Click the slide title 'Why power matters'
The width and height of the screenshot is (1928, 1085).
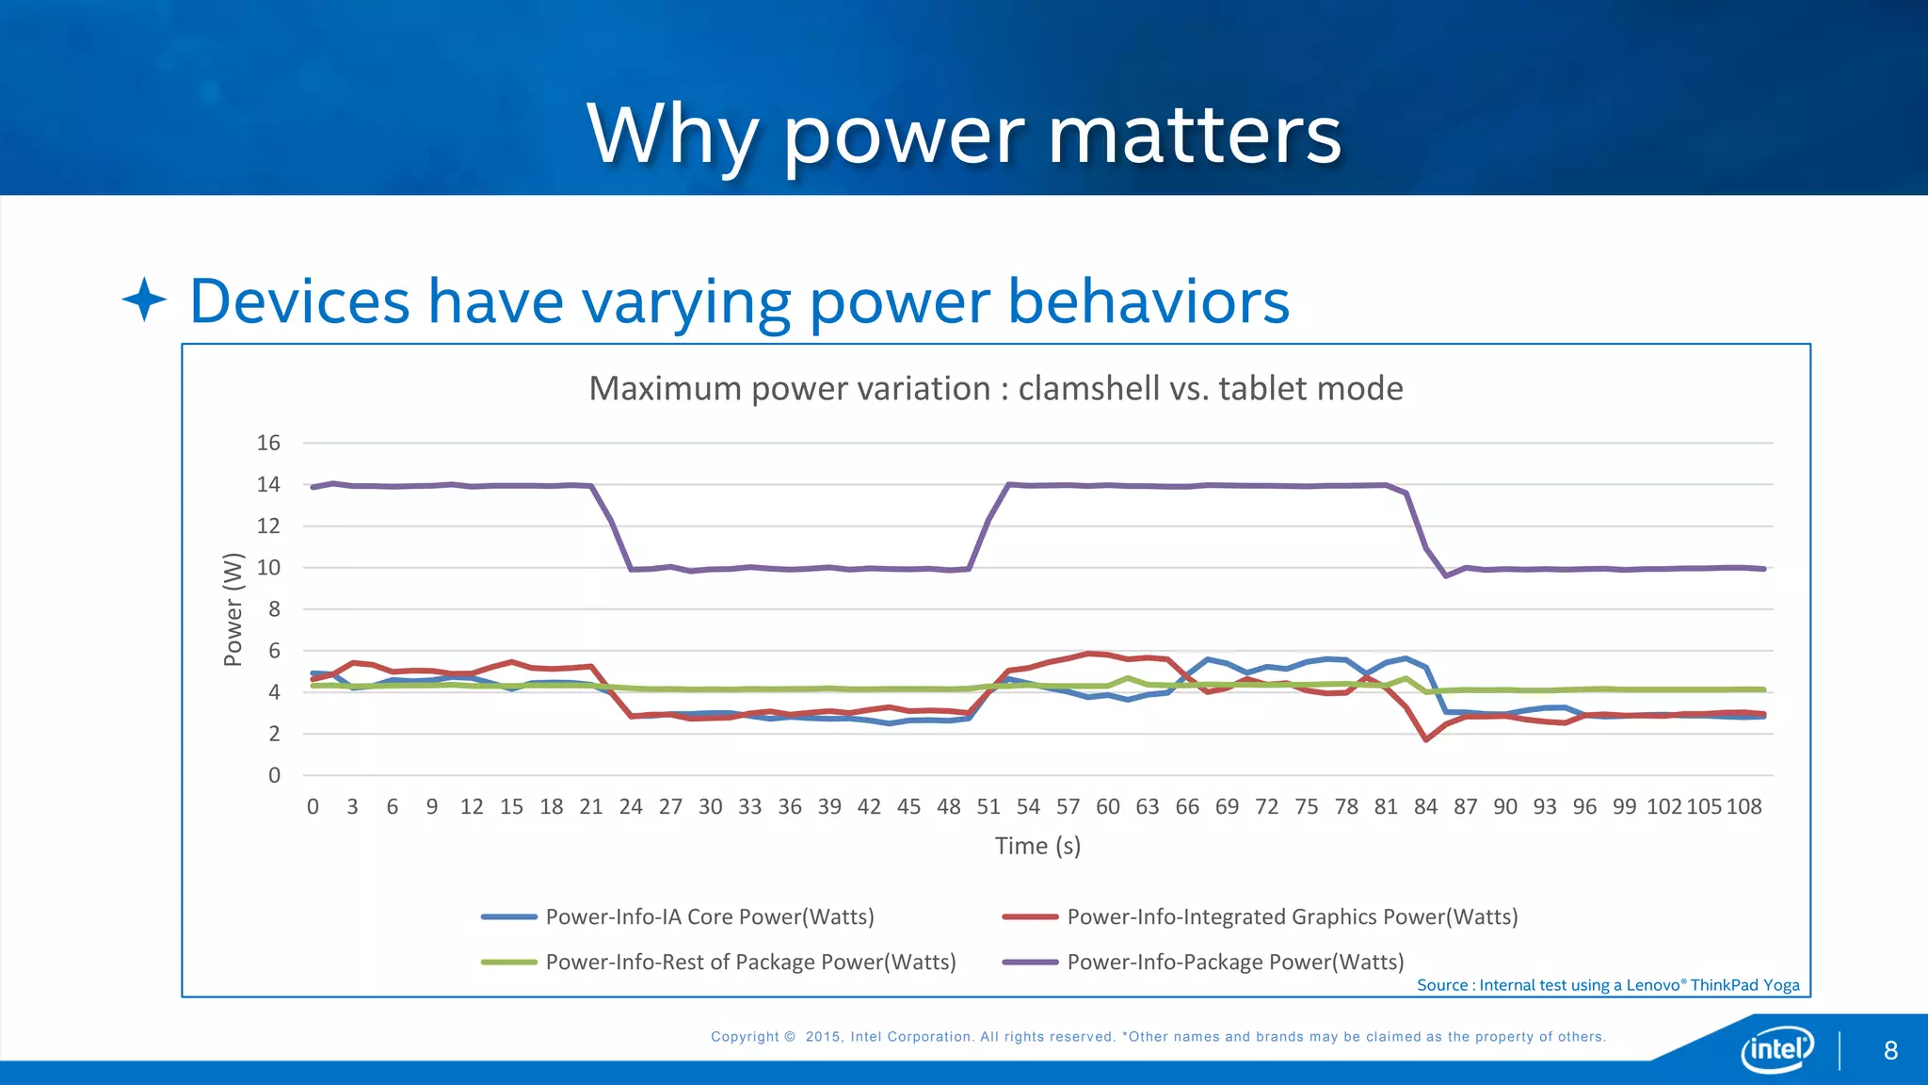pos(964,135)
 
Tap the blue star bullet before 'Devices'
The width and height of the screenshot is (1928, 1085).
pos(144,300)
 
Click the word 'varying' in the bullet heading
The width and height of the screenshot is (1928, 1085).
pos(686,303)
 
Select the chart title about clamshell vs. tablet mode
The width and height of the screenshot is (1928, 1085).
pos(995,388)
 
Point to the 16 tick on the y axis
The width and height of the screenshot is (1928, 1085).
pos(268,443)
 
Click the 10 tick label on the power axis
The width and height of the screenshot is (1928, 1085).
pos(268,568)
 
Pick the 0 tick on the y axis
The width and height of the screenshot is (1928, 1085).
pos(274,775)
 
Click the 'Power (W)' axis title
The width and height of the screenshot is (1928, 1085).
pos(233,609)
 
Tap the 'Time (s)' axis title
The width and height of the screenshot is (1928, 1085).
pos(1037,846)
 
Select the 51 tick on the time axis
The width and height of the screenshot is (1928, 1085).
pos(988,807)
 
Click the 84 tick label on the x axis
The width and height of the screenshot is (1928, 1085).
pos(1425,807)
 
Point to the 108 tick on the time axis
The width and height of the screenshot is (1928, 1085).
pos(1743,807)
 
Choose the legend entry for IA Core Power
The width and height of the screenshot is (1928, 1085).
pos(709,916)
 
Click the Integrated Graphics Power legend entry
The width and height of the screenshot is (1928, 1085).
pos(1292,916)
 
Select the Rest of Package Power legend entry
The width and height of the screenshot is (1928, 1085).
pos(750,962)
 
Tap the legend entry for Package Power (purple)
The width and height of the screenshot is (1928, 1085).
pos(1235,962)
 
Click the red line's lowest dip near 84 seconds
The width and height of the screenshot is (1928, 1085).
pos(1426,739)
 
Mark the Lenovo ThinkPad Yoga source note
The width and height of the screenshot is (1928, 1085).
pos(1608,985)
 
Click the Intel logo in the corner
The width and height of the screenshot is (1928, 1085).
pos(1776,1048)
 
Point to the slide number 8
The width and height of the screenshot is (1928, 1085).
pos(1890,1051)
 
